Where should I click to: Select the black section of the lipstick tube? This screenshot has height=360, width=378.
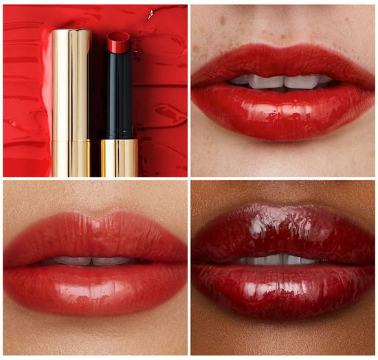coord(118,96)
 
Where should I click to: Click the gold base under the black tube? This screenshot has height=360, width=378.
coord(120,157)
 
